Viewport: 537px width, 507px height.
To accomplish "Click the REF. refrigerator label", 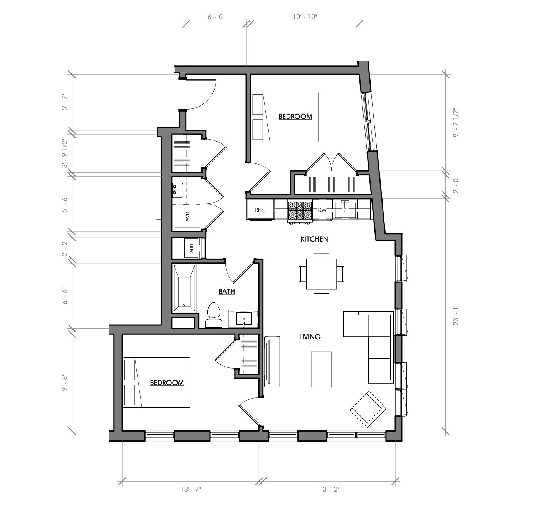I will point(260,210).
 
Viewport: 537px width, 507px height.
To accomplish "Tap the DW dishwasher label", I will point(322,210).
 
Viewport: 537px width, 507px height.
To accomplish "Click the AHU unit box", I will point(191,248).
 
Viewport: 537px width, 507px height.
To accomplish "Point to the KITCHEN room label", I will point(314,239).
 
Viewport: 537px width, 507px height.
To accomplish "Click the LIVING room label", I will point(310,337).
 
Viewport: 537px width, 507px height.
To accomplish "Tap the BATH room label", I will point(227,291).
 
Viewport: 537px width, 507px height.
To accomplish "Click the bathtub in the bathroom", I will point(185,288).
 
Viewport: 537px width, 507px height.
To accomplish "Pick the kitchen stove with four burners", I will point(300,211).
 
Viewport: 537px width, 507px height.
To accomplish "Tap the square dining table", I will point(321,274).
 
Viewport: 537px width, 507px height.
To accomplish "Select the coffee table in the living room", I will point(321,369).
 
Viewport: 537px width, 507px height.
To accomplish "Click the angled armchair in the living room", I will point(368,410).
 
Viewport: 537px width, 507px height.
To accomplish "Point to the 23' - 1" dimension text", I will point(456,314).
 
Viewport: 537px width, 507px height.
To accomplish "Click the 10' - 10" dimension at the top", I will point(305,17).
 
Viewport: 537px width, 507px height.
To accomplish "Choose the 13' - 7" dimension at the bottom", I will point(190,489).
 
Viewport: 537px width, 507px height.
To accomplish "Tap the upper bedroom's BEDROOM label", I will point(295,117).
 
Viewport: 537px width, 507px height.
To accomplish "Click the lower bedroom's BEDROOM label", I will point(166,383).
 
